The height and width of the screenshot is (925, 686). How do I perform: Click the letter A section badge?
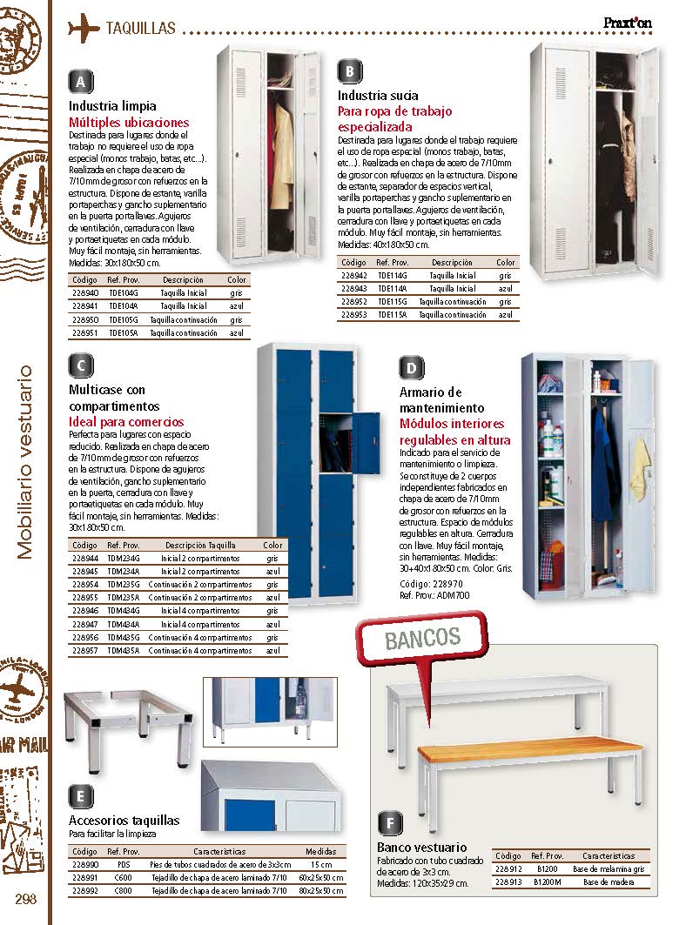point(80,82)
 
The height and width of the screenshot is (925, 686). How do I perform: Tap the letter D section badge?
point(411,367)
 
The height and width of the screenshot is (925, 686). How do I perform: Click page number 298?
point(24,899)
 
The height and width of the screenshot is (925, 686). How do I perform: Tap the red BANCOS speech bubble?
point(422,640)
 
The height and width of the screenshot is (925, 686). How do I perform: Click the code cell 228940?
point(84,294)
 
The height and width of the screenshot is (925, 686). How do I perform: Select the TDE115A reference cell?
point(392,314)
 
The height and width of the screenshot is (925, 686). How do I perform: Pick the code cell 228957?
point(85,650)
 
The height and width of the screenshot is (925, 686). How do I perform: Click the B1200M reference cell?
point(547,882)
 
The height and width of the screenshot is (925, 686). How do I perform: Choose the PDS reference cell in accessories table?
point(123,865)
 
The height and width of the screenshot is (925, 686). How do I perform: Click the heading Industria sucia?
point(378,96)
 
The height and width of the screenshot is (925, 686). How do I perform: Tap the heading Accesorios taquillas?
point(124,820)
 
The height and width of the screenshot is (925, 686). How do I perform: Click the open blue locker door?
point(367,432)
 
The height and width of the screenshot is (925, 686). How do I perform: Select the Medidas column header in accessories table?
point(320,852)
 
